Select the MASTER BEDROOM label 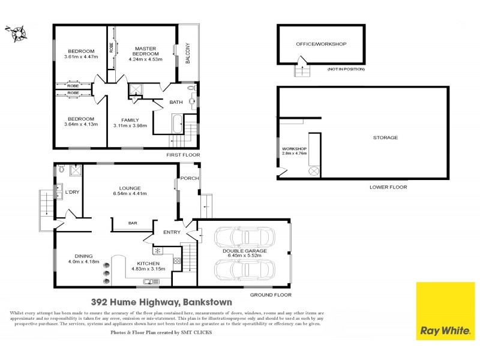[x=145, y=52]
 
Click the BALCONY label [x=188, y=53]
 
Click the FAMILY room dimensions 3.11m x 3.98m [x=130, y=125]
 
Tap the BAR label [x=133, y=224]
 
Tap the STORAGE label [x=385, y=138]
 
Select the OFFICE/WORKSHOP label [x=321, y=44]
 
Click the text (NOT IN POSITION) [x=346, y=70]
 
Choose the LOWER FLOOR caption [x=388, y=187]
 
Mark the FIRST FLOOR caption [x=183, y=154]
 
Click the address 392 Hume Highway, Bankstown [x=161, y=303]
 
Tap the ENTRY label [x=164, y=233]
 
